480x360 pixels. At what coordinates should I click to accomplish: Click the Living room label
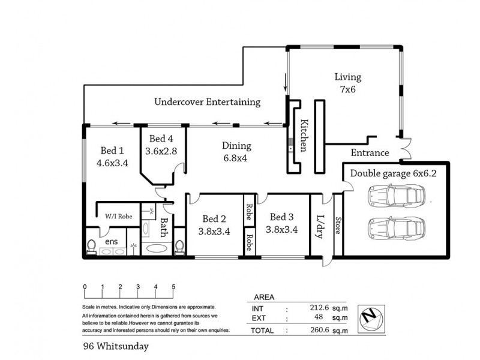[348, 77]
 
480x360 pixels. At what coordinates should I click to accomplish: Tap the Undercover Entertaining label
[207, 101]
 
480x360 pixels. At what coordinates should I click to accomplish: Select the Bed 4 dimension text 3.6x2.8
[161, 151]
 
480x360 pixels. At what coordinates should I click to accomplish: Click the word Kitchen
[304, 136]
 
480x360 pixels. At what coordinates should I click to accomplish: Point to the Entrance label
[370, 152]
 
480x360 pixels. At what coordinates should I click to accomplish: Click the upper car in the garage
[396, 195]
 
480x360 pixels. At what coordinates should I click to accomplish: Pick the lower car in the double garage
[396, 228]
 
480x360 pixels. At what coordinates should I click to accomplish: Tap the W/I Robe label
[118, 216]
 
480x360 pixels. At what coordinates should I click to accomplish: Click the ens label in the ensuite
[111, 242]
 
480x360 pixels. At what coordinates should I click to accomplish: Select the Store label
[338, 226]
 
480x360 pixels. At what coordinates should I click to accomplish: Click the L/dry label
[319, 227]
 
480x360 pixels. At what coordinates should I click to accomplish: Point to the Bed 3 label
[281, 217]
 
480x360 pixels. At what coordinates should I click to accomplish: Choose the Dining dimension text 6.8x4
[235, 158]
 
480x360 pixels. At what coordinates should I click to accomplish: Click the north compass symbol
[371, 319]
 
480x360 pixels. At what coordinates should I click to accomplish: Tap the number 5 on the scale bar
[173, 287]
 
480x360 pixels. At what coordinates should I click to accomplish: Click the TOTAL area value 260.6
[319, 329]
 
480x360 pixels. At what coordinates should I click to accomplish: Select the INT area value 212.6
[319, 307]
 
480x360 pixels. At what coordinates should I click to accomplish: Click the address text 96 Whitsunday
[116, 346]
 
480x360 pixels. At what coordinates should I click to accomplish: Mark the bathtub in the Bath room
[157, 248]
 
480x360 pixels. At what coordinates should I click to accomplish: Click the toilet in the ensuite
[91, 247]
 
